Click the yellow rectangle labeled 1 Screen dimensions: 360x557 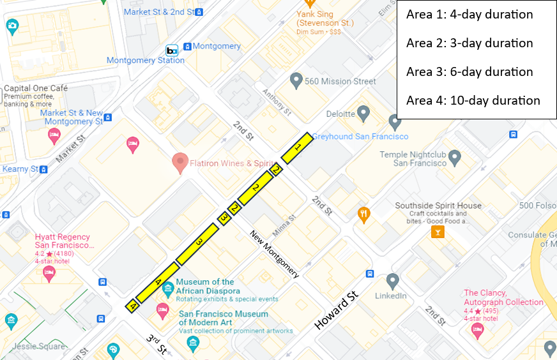(296, 148)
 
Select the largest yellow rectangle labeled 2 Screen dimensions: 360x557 (256, 188)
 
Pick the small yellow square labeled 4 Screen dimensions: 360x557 (132, 306)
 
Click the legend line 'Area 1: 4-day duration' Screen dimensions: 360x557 (469, 15)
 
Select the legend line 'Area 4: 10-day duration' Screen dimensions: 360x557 (473, 100)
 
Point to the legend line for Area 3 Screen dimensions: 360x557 (469, 71)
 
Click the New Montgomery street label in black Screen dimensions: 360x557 (274, 253)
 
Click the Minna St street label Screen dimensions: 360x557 (286, 225)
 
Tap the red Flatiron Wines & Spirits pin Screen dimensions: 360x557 (179, 163)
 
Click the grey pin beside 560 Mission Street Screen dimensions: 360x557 (296, 81)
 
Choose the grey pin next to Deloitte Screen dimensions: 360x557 (363, 114)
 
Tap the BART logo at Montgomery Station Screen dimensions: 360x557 (172, 50)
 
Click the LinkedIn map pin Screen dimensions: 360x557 (393, 281)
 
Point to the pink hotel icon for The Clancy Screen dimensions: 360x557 (477, 330)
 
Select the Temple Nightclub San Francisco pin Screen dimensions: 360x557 (455, 156)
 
